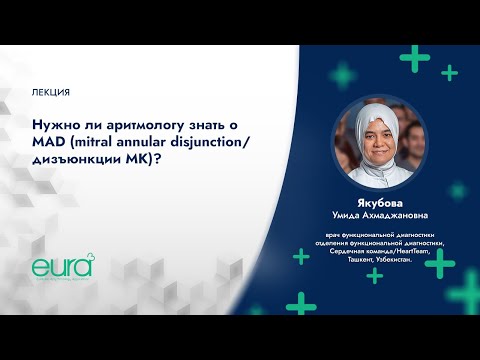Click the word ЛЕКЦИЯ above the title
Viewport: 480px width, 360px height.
tap(51, 92)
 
